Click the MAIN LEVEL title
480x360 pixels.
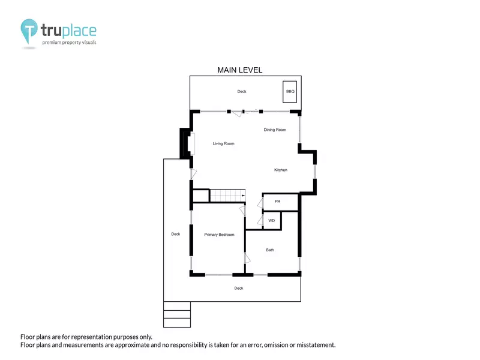click(239, 70)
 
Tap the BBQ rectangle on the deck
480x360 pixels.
click(290, 92)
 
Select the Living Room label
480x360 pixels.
click(223, 143)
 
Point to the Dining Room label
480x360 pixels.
click(275, 130)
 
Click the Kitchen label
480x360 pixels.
click(281, 170)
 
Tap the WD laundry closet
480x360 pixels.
click(272, 220)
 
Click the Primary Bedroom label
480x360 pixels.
click(219, 235)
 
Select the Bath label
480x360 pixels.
click(270, 250)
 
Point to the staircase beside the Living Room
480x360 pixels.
click(227, 196)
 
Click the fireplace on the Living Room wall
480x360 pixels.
click(187, 143)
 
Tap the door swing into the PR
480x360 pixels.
click(260, 203)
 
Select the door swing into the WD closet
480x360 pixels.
click(260, 221)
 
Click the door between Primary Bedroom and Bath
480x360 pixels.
click(247, 258)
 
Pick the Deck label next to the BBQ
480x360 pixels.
click(242, 92)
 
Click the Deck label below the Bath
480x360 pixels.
click(239, 289)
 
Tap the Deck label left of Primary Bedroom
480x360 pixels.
click(176, 234)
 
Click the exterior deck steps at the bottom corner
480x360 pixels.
click(177, 314)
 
